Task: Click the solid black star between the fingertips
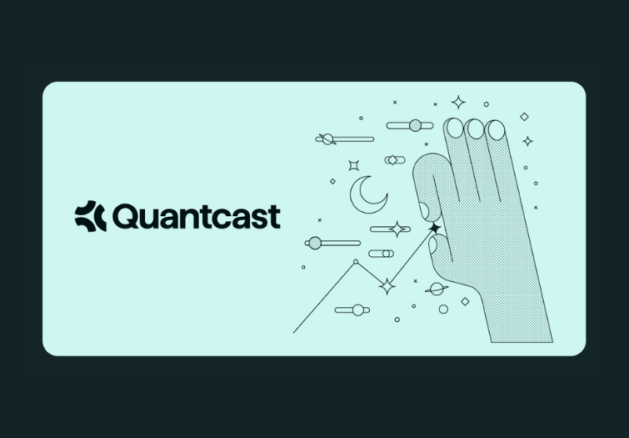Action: [434, 228]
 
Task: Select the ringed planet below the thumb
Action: [436, 289]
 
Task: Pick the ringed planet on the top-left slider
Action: [327, 138]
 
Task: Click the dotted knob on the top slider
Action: [416, 125]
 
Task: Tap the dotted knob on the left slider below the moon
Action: [314, 244]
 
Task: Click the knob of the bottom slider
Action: [358, 310]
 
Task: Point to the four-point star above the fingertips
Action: [458, 103]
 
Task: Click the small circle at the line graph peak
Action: [356, 262]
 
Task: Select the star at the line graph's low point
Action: [387, 286]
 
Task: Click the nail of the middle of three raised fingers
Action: [475, 128]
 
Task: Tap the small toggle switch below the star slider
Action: [381, 254]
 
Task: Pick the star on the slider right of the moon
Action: [399, 229]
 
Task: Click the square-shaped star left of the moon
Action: [353, 165]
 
